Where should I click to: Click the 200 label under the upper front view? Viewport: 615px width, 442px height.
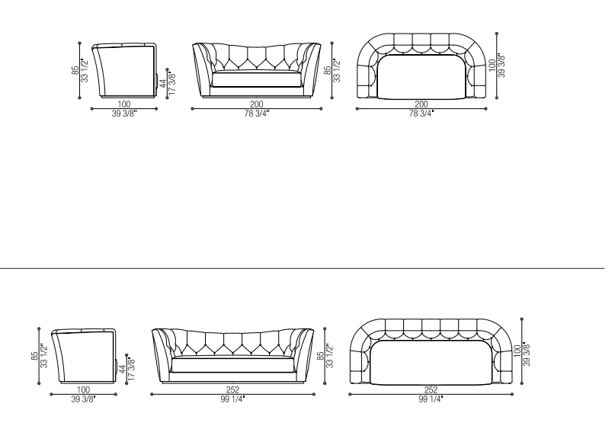[257, 104]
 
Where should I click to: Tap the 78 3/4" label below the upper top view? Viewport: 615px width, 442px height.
[421, 114]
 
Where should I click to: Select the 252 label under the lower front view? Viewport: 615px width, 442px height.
[232, 390]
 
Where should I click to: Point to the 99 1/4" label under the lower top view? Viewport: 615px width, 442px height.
[431, 399]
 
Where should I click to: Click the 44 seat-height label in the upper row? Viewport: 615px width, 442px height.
[163, 85]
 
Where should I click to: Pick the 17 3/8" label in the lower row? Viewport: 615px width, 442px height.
[131, 369]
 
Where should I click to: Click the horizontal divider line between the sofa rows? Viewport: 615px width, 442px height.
[302, 268]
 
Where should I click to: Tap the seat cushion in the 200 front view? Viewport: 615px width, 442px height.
[257, 79]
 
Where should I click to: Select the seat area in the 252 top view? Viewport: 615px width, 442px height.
[431, 362]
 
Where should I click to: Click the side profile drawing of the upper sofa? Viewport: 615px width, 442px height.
[125, 70]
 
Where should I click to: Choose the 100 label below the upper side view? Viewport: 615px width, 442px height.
[124, 104]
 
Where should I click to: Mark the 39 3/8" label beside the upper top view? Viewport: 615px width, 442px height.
[501, 66]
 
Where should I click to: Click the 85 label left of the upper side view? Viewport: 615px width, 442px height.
[75, 71]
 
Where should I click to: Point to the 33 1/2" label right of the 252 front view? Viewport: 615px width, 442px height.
[329, 356]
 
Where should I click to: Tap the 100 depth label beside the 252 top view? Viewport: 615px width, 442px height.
[517, 351]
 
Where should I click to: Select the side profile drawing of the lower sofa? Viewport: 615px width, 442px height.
[84, 355]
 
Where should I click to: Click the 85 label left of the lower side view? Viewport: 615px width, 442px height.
[34, 356]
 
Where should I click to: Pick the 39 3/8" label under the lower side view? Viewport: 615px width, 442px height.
[83, 399]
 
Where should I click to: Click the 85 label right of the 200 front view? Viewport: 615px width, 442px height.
[328, 71]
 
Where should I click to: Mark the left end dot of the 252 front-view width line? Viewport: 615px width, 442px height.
[152, 394]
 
